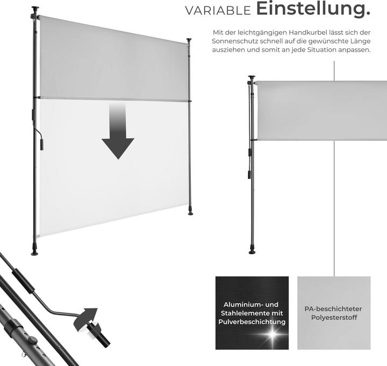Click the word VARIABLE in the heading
coord(218,11)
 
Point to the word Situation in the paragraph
coord(321,49)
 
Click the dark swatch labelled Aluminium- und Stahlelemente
coord(252,313)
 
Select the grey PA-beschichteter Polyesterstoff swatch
coord(334,313)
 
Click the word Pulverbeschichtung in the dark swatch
coord(252,322)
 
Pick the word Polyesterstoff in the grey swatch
coord(334,318)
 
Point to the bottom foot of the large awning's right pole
coord(190,212)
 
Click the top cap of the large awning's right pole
coord(189,40)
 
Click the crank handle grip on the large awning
coord(42,145)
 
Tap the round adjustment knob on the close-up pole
coord(33,341)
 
